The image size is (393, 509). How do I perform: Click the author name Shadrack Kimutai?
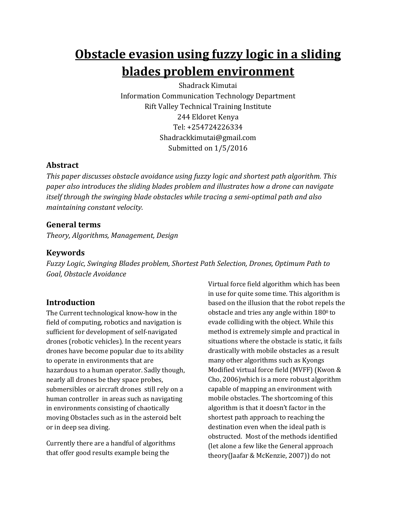[208, 85]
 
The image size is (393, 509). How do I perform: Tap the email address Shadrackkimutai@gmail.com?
[208, 138]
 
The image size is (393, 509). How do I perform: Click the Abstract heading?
[62, 165]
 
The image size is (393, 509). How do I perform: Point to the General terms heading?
[73, 225]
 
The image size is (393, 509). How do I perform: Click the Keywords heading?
[65, 253]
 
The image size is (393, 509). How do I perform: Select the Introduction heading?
[71, 302]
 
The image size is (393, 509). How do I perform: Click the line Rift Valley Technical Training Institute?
[208, 106]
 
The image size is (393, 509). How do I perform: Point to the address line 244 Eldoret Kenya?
[208, 117]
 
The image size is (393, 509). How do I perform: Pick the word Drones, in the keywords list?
[261, 264]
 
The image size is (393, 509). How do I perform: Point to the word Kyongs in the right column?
[313, 360]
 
